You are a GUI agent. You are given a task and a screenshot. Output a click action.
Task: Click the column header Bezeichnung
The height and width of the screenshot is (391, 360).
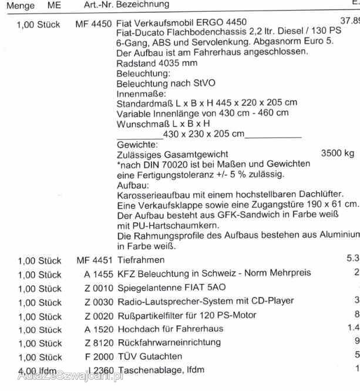tap(143, 5)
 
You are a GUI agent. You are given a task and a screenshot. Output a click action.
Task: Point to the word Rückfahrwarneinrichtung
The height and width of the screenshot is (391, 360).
tap(169, 342)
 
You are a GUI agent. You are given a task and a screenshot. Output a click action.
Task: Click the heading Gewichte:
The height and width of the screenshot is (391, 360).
tap(137, 144)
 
